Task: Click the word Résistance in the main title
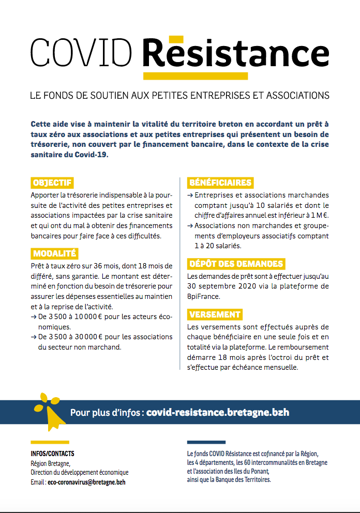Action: [x=235, y=53]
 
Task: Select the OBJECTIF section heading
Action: [x=52, y=183]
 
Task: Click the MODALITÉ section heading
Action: [x=54, y=253]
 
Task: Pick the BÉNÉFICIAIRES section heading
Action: [x=220, y=183]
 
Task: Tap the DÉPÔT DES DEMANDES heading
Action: [x=236, y=264]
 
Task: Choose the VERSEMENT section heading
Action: [x=215, y=314]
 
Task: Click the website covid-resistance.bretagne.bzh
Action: [x=218, y=413]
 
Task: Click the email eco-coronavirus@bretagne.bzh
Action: [x=86, y=481]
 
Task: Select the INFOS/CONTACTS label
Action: [x=52, y=454]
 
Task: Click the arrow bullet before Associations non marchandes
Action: [x=190, y=226]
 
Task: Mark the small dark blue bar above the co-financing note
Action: [x=206, y=442]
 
